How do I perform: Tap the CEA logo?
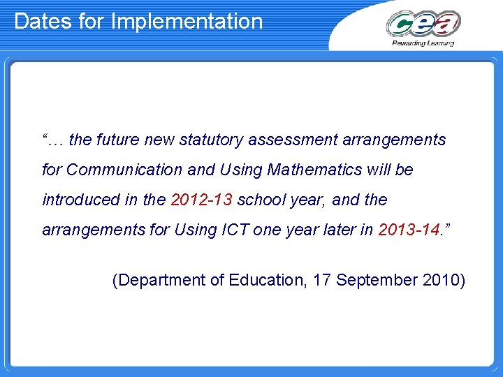[423, 24]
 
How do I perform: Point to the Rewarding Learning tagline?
[423, 43]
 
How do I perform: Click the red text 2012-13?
[202, 200]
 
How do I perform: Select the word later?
[342, 230]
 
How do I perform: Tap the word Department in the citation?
[158, 280]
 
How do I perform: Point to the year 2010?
[444, 280]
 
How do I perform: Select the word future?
[118, 140]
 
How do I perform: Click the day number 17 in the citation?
[322, 280]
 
